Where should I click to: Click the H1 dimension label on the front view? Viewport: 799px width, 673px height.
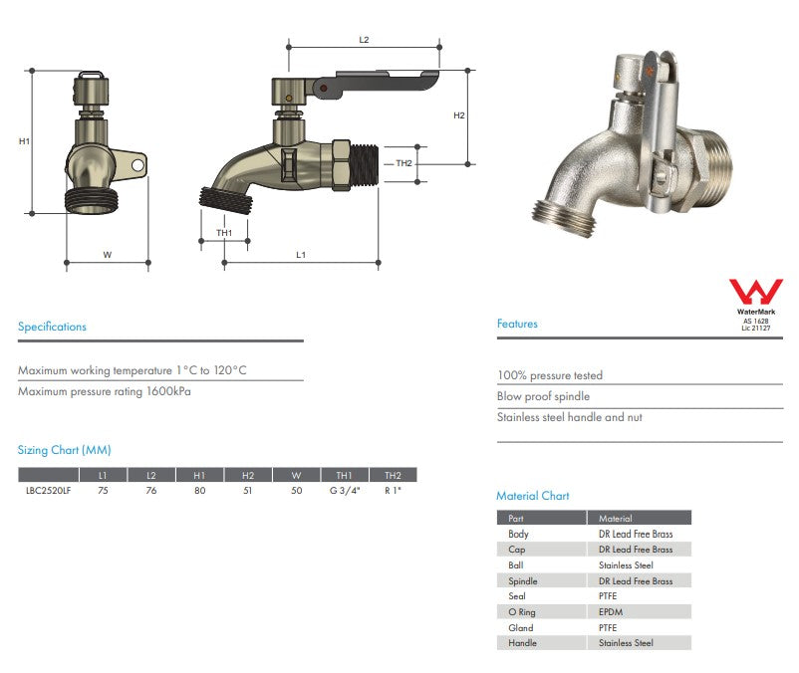[24, 141]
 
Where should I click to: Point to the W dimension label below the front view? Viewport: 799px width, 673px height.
[108, 255]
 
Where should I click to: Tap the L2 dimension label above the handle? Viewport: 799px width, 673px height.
[364, 39]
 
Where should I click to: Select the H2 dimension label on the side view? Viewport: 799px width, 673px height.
[459, 115]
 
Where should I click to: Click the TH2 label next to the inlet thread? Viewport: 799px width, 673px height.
[403, 163]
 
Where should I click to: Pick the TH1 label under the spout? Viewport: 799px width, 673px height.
[224, 233]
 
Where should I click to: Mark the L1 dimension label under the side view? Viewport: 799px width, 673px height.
[300, 255]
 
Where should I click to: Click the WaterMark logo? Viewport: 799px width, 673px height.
[755, 294]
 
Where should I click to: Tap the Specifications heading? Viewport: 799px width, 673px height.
[52, 327]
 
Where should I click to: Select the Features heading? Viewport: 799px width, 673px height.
[517, 324]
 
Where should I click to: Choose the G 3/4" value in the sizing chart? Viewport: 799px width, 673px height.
[344, 491]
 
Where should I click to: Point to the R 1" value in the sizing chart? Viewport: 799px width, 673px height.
[393, 491]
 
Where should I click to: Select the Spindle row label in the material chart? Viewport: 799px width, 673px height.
[523, 580]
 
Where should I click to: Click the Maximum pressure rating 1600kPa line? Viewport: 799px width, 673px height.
[105, 391]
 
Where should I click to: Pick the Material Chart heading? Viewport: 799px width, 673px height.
[532, 496]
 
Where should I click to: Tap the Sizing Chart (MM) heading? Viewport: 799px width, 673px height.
[65, 450]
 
